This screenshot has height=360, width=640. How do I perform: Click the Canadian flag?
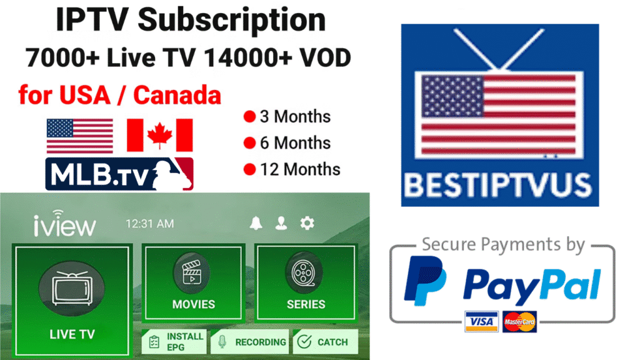pyautogui.click(x=159, y=136)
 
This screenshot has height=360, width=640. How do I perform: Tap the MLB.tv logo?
pyautogui.click(x=119, y=174)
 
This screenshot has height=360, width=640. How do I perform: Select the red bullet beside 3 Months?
pyautogui.click(x=250, y=117)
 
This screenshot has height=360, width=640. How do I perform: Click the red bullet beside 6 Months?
pyautogui.click(x=250, y=143)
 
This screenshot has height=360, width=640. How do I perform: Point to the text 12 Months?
pyautogui.click(x=300, y=169)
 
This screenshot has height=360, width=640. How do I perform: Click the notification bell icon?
pyautogui.click(x=256, y=224)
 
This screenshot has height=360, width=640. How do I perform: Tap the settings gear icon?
pyautogui.click(x=307, y=224)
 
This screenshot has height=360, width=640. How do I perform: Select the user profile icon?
pyautogui.click(x=281, y=224)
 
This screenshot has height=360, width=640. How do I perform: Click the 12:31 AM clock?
pyautogui.click(x=150, y=224)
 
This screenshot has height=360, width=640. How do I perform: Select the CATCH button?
pyautogui.click(x=324, y=342)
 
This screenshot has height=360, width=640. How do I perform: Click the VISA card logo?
pyautogui.click(x=481, y=321)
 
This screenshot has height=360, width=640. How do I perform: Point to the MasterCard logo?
pyautogui.click(x=519, y=321)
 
